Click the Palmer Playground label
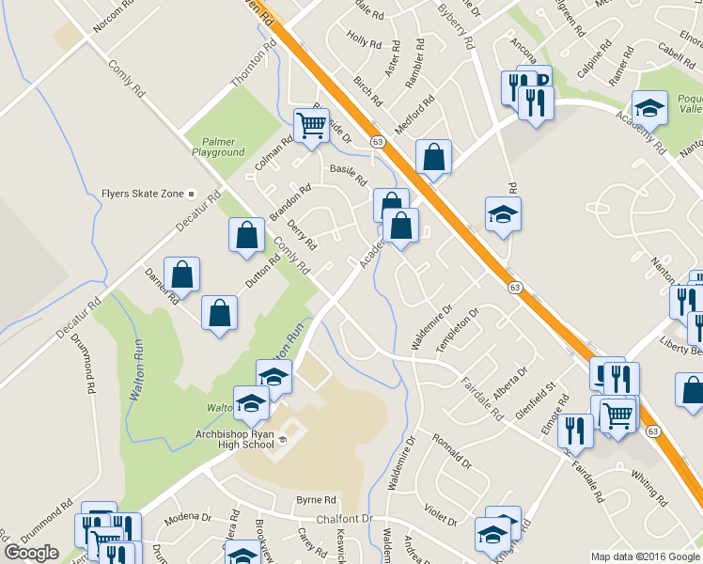click(x=219, y=147)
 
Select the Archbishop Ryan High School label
click(x=221, y=438)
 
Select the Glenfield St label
click(x=535, y=396)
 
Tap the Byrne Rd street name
click(x=316, y=499)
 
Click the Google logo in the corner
click(x=31, y=553)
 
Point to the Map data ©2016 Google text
click(x=646, y=556)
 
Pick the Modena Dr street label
click(x=188, y=517)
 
